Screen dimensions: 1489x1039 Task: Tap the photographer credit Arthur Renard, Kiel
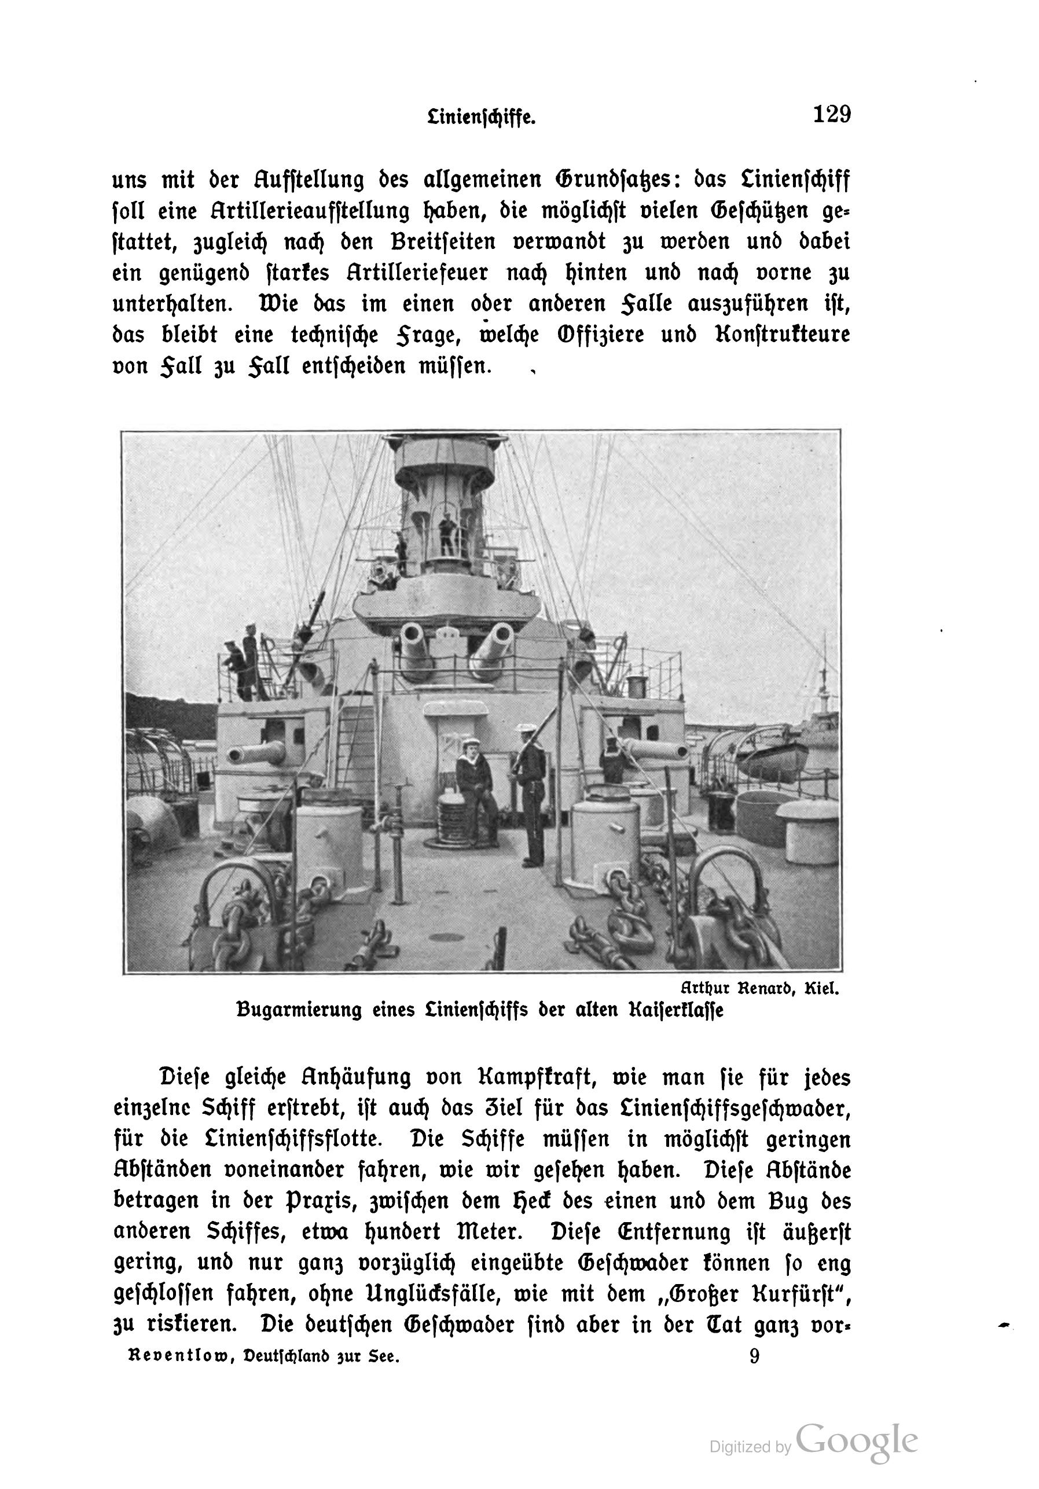[759, 989]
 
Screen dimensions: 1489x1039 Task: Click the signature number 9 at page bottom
[754, 1355]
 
